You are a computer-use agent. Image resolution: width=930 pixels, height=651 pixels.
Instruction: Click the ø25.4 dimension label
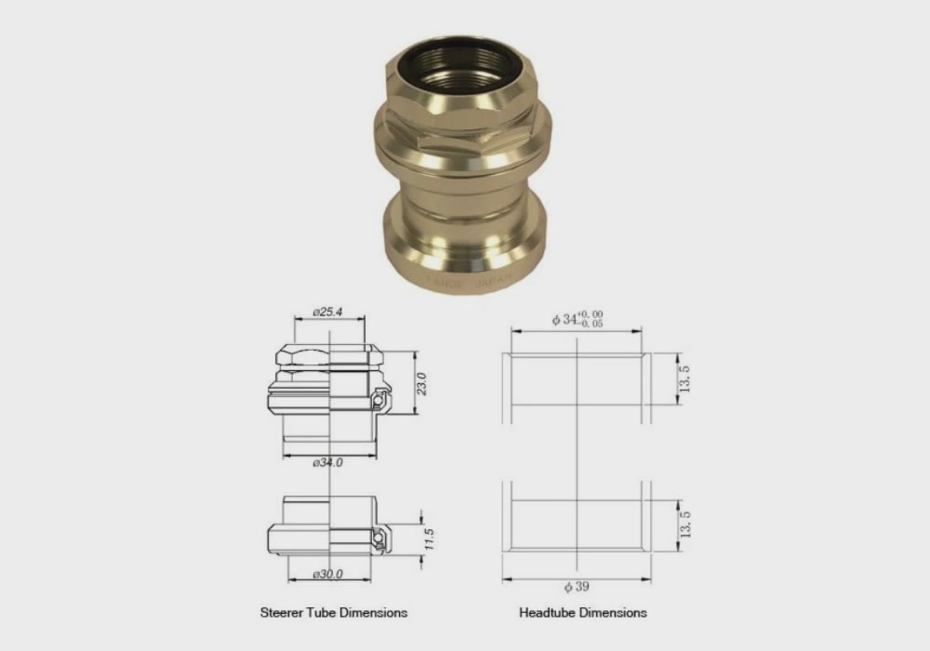coord(327,312)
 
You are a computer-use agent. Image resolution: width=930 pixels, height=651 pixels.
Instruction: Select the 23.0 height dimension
coord(422,384)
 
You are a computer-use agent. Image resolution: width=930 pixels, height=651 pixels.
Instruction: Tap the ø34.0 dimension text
coord(327,463)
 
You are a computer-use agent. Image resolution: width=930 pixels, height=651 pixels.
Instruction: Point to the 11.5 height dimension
coord(429,539)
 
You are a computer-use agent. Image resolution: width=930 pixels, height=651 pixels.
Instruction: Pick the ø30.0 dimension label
coord(327,575)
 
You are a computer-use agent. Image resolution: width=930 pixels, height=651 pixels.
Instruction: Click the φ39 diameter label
coord(577,587)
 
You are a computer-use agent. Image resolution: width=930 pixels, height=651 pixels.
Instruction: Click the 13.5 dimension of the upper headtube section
coord(684,379)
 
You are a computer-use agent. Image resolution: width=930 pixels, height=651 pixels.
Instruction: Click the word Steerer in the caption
coord(282,613)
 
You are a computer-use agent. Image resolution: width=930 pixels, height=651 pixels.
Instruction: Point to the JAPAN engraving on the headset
coord(493,280)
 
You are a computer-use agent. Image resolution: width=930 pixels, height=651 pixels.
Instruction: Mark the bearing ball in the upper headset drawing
coord(377,402)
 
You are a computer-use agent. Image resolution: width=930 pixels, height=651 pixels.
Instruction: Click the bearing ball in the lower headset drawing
coord(376,539)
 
